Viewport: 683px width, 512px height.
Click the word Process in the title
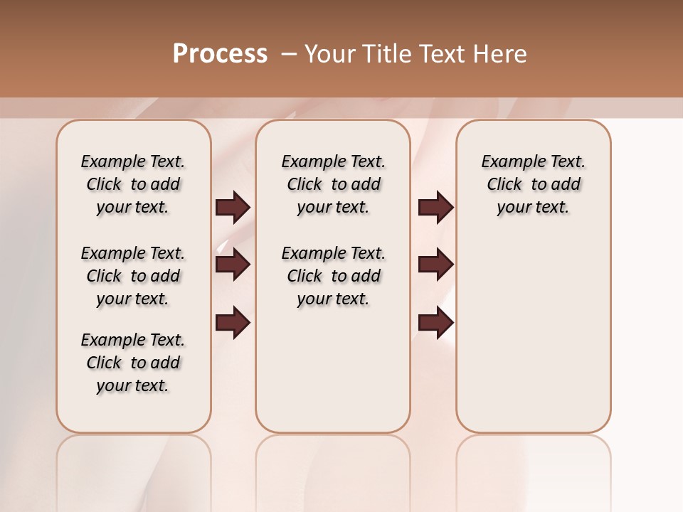(220, 54)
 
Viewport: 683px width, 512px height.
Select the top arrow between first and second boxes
(233, 207)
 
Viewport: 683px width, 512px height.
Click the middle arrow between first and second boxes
(233, 265)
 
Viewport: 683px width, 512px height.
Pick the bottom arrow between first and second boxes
(233, 323)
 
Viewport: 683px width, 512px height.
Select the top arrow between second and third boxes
(436, 207)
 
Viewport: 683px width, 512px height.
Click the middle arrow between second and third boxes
(436, 265)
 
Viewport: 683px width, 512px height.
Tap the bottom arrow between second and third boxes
(436, 323)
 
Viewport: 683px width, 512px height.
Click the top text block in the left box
(133, 184)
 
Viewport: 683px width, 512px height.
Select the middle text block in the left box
(133, 276)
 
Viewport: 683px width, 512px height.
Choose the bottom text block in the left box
(133, 363)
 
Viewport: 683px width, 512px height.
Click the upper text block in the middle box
(333, 184)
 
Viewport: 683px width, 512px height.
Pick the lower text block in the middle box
(333, 276)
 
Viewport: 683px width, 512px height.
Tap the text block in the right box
(533, 184)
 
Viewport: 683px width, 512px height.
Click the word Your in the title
(332, 54)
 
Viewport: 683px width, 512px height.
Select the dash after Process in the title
(289, 54)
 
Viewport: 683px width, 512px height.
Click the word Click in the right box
(504, 185)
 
